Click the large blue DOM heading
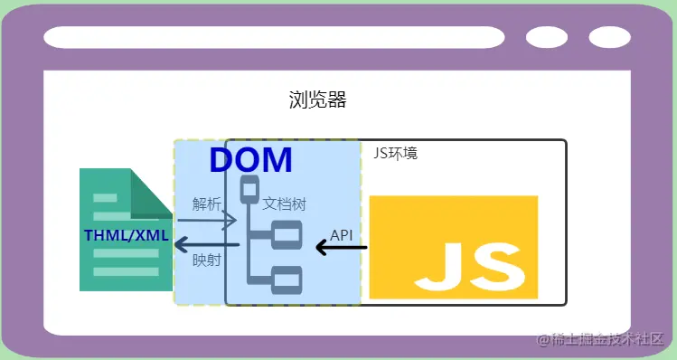251,160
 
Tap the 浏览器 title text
318,99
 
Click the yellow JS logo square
454,247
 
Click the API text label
342,234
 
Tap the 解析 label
207,204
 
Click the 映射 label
207,261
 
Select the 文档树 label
285,204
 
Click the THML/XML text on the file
126,235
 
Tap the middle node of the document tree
287,234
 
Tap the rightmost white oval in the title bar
610,37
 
